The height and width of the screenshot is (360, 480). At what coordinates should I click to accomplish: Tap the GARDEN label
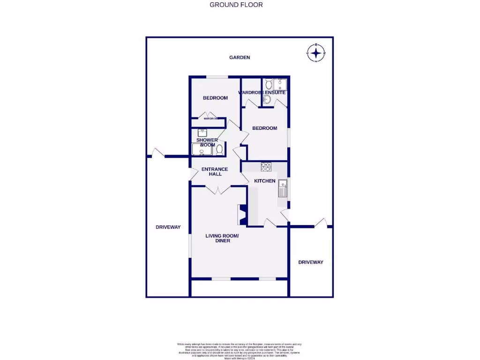click(240, 57)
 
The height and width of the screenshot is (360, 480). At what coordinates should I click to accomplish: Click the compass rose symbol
click(316, 52)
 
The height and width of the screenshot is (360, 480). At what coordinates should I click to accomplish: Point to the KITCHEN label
click(265, 181)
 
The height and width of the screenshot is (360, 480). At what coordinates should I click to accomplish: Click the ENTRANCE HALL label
click(215, 172)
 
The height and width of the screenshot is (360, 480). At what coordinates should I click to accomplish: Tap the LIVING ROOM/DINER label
click(222, 238)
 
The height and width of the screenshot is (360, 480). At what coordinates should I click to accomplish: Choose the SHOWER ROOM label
click(207, 142)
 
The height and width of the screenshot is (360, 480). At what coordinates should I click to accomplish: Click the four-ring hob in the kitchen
click(266, 166)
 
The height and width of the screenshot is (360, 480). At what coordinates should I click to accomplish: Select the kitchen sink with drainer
click(283, 189)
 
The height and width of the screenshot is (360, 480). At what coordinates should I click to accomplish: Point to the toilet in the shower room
click(219, 150)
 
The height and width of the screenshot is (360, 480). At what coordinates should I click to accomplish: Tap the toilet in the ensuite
click(268, 84)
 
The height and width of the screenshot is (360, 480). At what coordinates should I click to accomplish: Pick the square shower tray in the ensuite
click(280, 84)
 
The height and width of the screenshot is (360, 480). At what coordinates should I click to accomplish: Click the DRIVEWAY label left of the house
click(168, 227)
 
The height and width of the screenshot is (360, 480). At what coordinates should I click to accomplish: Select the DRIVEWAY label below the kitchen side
click(311, 262)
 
